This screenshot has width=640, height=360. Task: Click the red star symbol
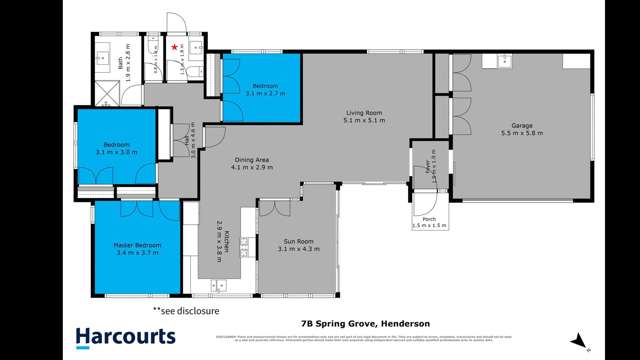click(x=176, y=47)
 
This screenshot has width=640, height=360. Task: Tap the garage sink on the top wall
click(x=497, y=62)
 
